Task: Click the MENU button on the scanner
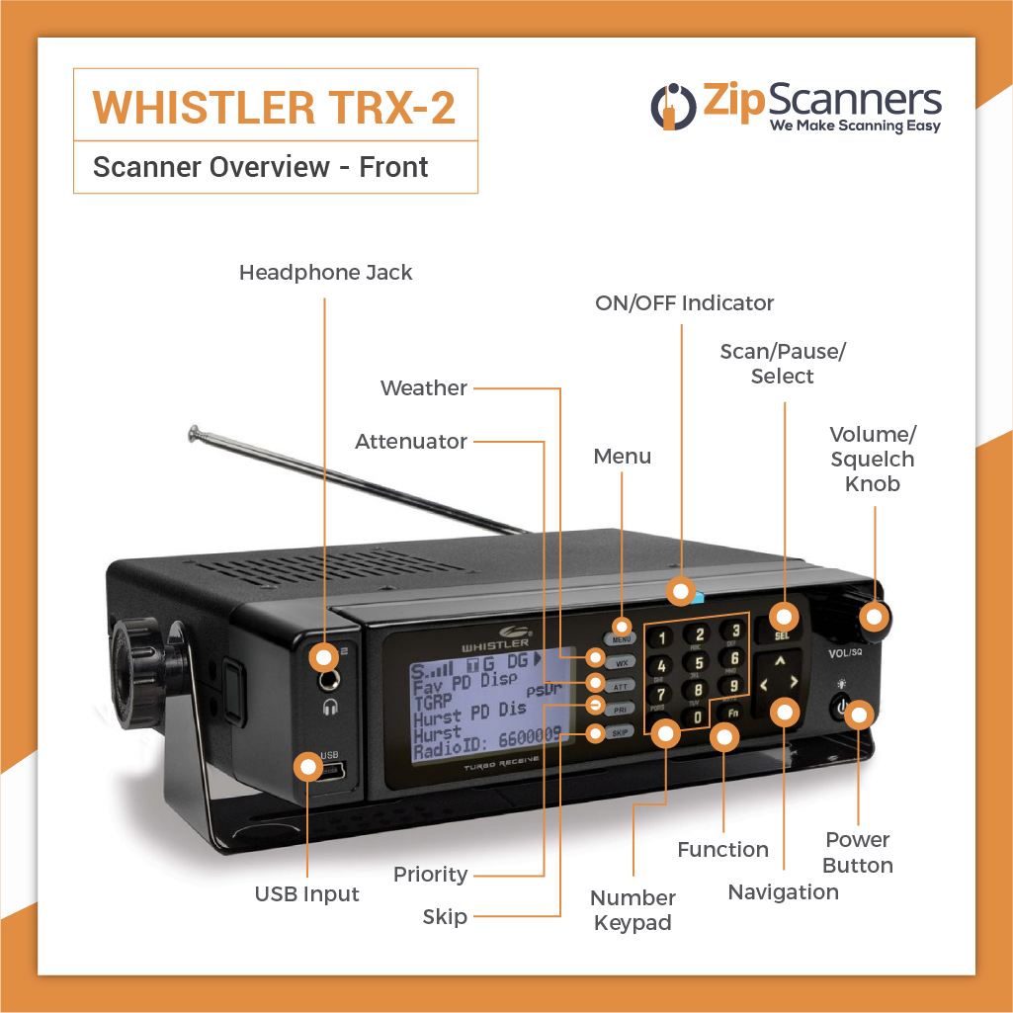point(621,639)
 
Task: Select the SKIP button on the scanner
point(620,733)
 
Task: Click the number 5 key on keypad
point(698,662)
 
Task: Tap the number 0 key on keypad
point(697,716)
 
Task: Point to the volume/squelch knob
point(870,618)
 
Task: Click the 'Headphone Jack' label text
point(325,273)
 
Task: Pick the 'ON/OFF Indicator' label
point(684,302)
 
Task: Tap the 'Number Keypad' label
point(633,910)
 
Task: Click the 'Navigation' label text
point(783,892)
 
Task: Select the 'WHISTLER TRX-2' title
point(275,108)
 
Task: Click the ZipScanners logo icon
point(672,106)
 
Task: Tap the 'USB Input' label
point(306,894)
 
